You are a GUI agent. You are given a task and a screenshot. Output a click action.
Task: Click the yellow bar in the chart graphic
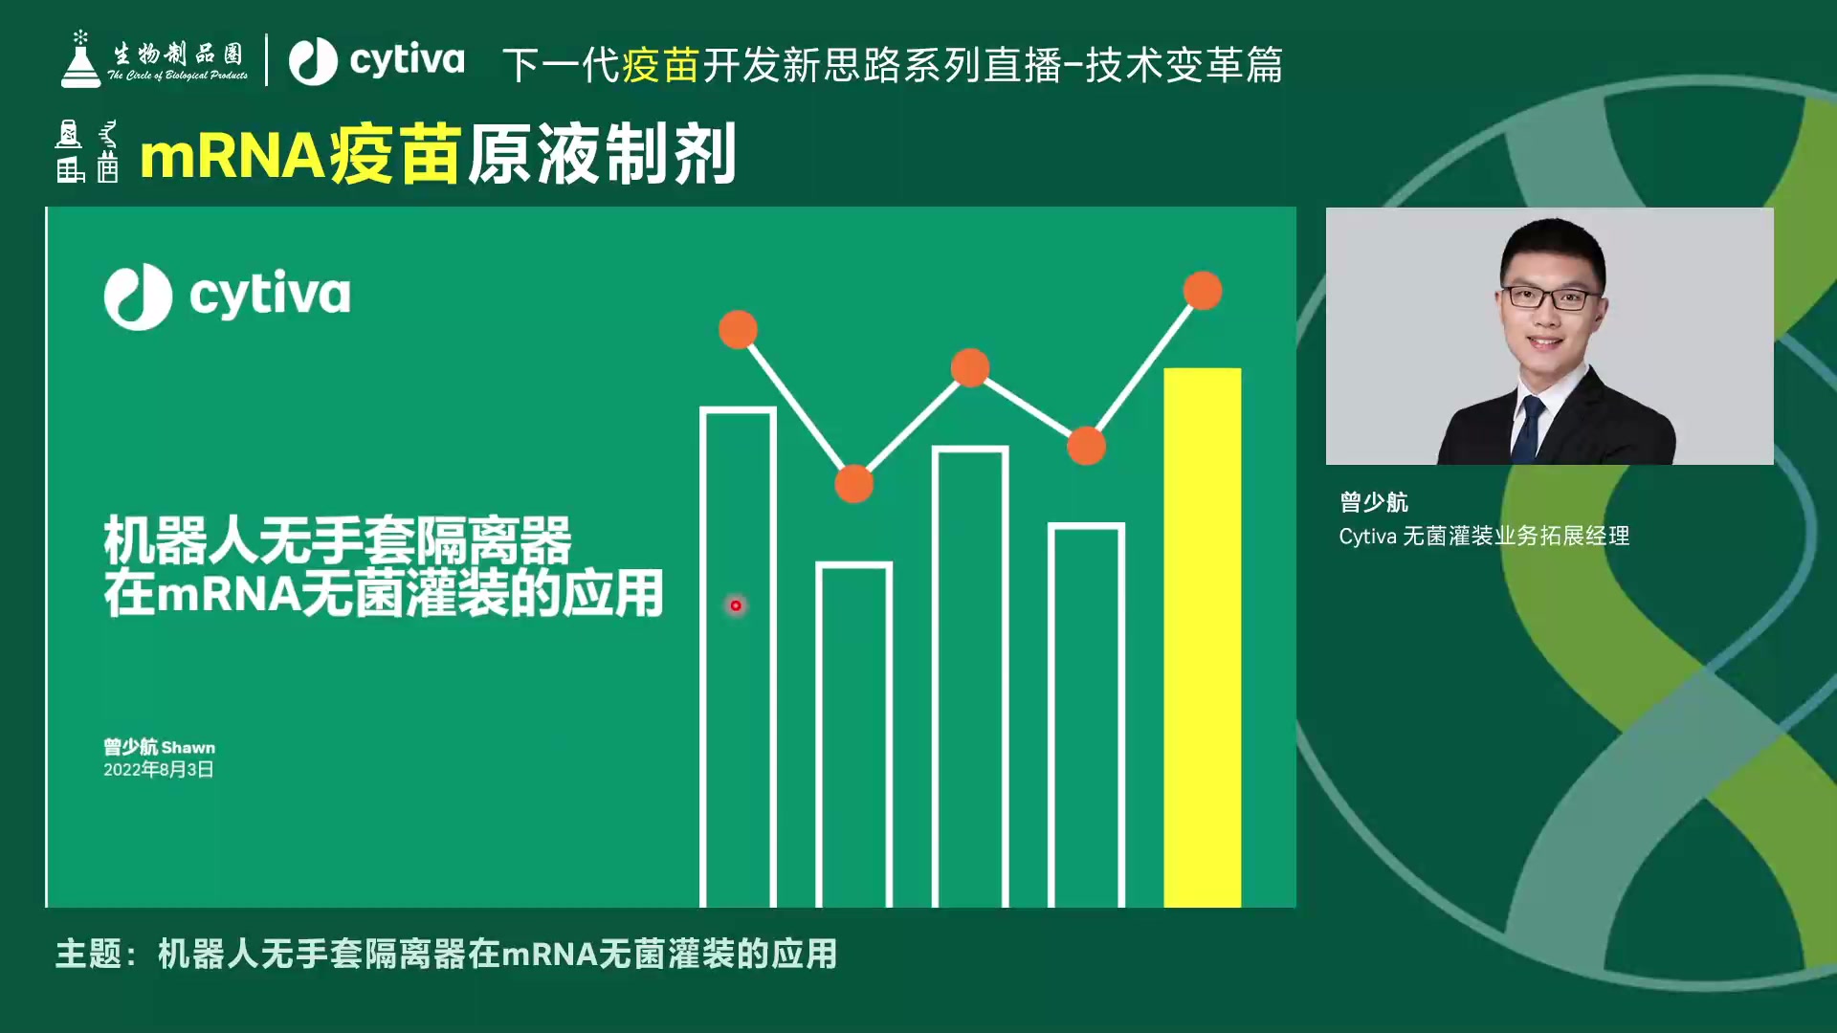point(1202,637)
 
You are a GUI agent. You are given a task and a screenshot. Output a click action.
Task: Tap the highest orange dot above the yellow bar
point(1203,291)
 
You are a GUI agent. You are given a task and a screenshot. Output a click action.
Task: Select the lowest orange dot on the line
point(854,484)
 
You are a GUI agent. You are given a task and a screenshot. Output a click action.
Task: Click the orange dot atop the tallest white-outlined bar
point(738,330)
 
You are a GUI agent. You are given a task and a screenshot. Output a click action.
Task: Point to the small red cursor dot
point(736,605)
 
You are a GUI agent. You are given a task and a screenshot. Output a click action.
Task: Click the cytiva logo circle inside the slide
point(138,297)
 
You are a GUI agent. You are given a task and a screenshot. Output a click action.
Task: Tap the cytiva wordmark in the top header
point(407,61)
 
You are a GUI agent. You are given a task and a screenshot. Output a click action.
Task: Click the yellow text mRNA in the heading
point(232,156)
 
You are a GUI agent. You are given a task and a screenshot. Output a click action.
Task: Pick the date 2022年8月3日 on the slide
point(159,770)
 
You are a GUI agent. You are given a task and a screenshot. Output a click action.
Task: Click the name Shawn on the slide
point(188,748)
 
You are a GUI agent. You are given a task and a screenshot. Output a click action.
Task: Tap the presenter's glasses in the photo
point(1551,297)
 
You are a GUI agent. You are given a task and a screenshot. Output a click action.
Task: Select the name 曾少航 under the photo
point(1374,502)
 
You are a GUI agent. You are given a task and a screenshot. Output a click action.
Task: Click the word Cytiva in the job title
point(1368,537)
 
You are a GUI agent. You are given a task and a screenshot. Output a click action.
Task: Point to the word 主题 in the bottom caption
point(89,954)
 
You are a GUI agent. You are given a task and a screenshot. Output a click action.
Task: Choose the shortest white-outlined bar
point(853,735)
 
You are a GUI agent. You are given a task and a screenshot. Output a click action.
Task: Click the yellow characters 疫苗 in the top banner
point(661,65)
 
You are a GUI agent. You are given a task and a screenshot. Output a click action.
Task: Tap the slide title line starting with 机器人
point(338,540)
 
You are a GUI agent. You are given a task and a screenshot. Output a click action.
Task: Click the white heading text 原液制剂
point(602,154)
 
